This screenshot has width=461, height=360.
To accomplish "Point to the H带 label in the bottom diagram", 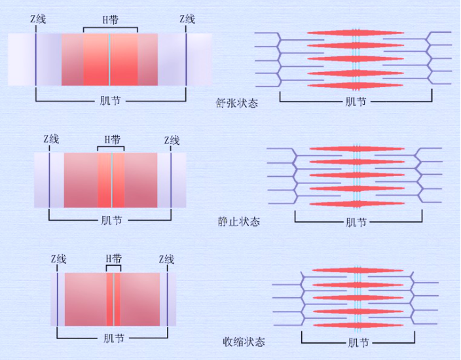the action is (x=114, y=259).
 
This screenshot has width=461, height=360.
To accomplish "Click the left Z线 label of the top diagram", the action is (x=38, y=20).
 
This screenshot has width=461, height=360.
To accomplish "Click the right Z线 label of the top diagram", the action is (x=187, y=20).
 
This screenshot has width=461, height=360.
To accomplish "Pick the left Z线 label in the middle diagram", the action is (x=51, y=139).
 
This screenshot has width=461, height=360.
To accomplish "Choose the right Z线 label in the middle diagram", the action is (x=172, y=139).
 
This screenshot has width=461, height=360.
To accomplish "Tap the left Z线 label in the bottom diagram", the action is (x=59, y=259).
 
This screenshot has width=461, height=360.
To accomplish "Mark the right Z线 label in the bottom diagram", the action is (x=166, y=259).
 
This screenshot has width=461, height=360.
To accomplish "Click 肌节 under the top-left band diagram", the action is (x=110, y=101).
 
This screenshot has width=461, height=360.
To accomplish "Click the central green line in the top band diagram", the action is (x=109, y=60).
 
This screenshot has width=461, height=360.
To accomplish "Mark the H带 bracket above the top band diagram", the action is (x=111, y=28).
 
